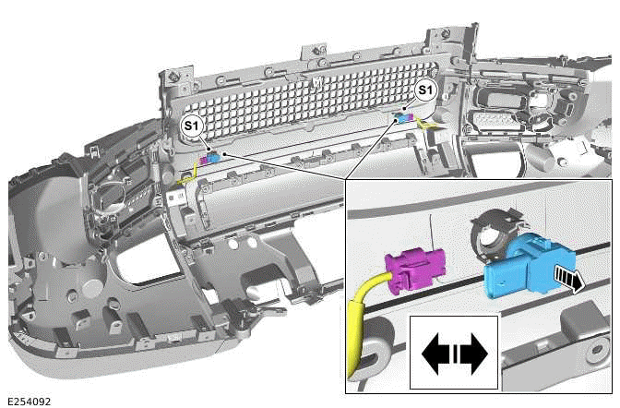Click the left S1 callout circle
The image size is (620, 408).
tap(191, 126)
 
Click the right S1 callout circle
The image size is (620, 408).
tap(425, 90)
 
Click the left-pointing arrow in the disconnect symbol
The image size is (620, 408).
tap(437, 354)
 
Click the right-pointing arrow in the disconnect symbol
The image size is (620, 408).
tap(473, 354)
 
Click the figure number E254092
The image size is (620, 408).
tap(30, 402)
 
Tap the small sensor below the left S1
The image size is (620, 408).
tap(209, 158)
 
